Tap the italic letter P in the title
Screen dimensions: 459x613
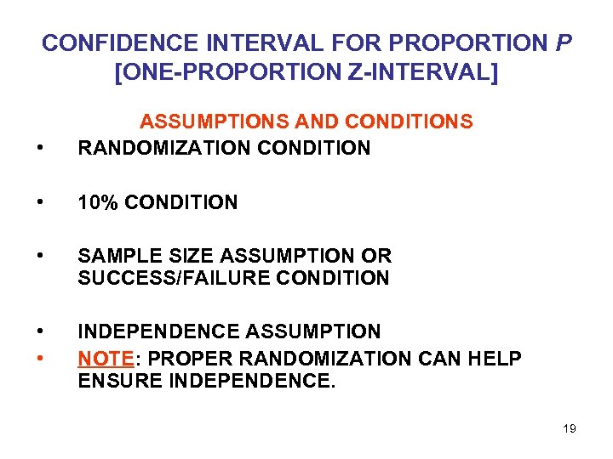pyautogui.click(x=563, y=42)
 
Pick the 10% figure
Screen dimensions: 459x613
pyautogui.click(x=96, y=202)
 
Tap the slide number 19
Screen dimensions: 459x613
pyautogui.click(x=570, y=428)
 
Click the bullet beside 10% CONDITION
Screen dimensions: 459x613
pyautogui.click(x=41, y=203)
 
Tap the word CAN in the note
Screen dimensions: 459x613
pyautogui.click(x=441, y=359)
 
